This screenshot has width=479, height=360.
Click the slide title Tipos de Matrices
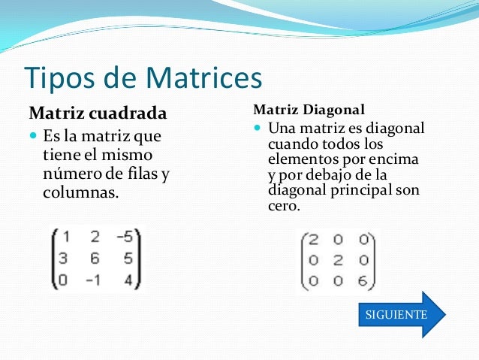[143, 77]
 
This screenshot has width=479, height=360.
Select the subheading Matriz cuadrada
[98, 113]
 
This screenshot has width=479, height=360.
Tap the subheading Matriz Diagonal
[309, 108]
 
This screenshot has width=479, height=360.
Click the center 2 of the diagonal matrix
[338, 260]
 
